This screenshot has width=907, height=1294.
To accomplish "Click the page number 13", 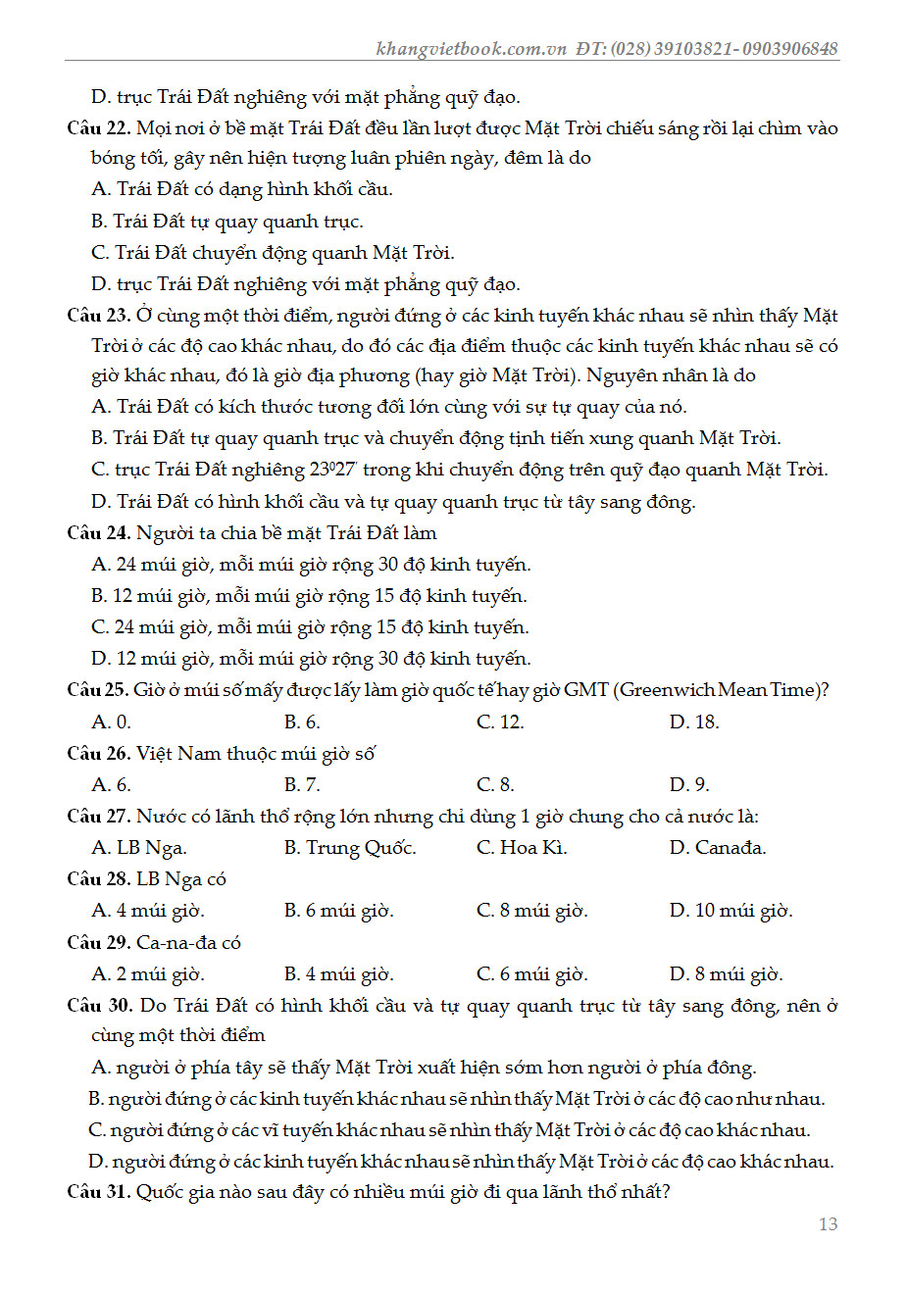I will pos(828,1223).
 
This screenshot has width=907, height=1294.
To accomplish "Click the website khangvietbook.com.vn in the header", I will pos(471,49).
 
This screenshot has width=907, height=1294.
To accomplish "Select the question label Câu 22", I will pos(98,128).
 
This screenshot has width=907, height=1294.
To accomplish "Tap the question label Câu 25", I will pos(97,690).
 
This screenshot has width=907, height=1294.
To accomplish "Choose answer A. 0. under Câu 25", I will pos(111,722).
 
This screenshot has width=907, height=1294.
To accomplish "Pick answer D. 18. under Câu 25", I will pos(694,722).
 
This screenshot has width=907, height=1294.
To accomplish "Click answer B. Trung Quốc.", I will pos(350,848).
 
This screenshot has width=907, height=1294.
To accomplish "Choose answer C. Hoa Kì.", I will pos(522,848).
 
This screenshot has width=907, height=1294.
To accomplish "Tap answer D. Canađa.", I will pos(718,848).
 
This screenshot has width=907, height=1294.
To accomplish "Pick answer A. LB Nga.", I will pos(139,848).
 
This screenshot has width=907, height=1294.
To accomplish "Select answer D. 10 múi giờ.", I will pos(731,911).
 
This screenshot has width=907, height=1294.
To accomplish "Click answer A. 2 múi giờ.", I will pos(148,974).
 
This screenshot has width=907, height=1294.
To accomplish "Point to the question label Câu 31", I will pos(98,1192).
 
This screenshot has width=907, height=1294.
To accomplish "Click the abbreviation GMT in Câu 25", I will pos(586,690).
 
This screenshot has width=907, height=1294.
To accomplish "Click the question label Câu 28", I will pos(98,879).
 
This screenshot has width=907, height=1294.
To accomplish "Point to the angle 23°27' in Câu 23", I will pos(333,470).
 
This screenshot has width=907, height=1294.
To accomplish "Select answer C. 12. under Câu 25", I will pos(500,722).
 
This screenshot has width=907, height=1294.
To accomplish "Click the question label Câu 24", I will pos(98,533).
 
